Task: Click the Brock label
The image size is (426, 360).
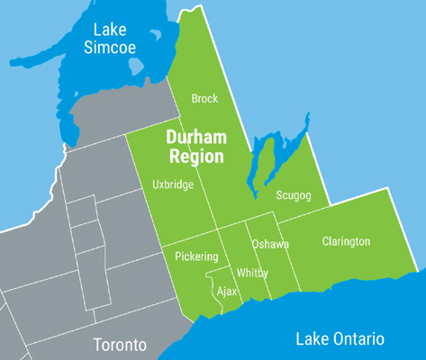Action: coord(204,99)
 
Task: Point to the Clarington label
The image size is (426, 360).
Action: coord(346,242)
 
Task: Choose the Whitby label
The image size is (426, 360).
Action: coord(251,273)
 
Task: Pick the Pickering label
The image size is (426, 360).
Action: coord(195,256)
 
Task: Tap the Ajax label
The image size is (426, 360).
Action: coord(228,292)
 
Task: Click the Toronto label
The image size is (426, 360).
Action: coord(120,346)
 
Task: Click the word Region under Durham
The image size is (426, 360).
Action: coord(196,157)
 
